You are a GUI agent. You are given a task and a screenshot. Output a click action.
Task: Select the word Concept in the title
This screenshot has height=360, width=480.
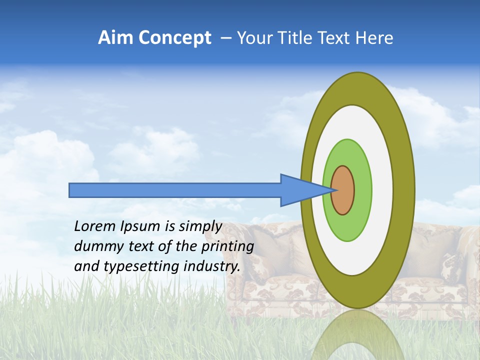coord(174,38)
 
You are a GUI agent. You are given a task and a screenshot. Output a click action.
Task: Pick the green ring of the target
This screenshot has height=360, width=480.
coord(362,190)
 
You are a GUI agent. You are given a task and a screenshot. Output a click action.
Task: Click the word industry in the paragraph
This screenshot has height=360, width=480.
coord(212,267)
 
